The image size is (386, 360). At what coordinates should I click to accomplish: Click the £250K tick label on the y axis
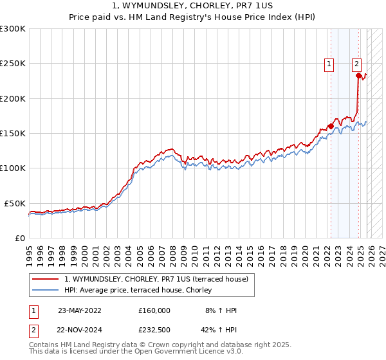pyautogui.click(x=13, y=64)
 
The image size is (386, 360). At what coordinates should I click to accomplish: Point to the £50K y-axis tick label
pyautogui.click(x=15, y=203)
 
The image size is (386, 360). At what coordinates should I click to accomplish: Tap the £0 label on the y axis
pyautogui.click(x=19, y=238)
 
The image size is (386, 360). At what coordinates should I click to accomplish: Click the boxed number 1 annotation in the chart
pyautogui.click(x=329, y=63)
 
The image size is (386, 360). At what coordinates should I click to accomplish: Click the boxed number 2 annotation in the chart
pyautogui.click(x=356, y=63)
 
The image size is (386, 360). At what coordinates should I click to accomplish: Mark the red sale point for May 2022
pyautogui.click(x=331, y=126)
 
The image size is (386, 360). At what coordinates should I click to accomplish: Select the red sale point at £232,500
pyautogui.click(x=358, y=76)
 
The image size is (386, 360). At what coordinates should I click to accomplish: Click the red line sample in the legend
pyautogui.click(x=46, y=279)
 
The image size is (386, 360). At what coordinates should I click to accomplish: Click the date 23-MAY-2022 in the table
pyautogui.click(x=79, y=310)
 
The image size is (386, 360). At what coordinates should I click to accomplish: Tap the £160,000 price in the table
pyautogui.click(x=154, y=310)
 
